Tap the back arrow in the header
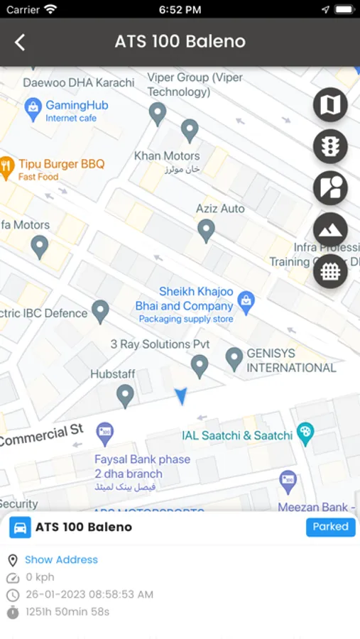click(20, 42)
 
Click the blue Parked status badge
click(331, 527)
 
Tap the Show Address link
click(61, 559)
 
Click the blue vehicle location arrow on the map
click(182, 397)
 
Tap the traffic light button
click(330, 147)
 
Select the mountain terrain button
click(330, 229)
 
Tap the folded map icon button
click(330, 105)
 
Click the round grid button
click(330, 271)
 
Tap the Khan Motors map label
click(168, 155)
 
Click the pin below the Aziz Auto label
click(206, 230)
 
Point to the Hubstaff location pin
click(125, 395)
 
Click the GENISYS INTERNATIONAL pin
click(234, 359)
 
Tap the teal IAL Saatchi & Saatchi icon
click(305, 433)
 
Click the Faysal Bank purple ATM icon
click(105, 430)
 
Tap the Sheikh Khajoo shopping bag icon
click(246, 301)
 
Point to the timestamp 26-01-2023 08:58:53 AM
click(89, 594)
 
